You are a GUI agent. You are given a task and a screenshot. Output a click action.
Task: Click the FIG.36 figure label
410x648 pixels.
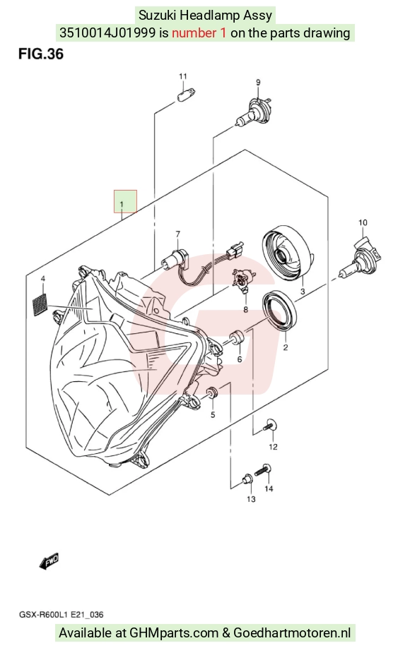40,54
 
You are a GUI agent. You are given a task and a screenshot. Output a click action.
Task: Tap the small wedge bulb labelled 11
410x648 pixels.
186,94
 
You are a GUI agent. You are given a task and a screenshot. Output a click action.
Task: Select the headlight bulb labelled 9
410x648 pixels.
253,111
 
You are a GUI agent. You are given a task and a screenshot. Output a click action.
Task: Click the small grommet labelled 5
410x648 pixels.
212,392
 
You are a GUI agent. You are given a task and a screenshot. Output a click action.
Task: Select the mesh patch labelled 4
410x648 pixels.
40,305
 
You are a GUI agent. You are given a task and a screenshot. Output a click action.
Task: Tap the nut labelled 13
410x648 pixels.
247,480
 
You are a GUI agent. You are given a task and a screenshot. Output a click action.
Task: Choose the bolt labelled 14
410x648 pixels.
264,470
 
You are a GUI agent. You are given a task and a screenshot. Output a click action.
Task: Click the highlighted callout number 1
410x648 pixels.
122,204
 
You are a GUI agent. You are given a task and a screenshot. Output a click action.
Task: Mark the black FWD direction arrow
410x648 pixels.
49,560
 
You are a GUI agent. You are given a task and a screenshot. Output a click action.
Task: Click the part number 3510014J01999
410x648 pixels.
107,32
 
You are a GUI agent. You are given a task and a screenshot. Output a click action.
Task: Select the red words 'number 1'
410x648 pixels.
199,32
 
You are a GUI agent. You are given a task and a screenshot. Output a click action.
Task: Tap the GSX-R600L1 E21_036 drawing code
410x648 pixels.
61,615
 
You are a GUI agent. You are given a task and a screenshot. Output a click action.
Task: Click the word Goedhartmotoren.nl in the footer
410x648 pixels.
292,632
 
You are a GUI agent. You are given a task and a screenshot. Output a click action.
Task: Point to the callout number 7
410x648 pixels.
178,234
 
